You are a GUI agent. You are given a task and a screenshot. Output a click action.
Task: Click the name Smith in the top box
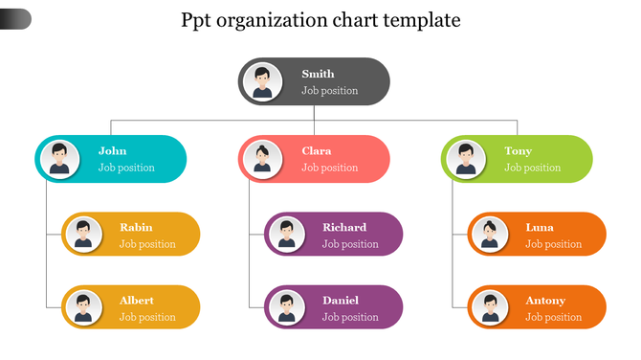(x=318, y=74)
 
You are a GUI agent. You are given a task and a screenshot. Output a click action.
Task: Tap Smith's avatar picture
(x=262, y=81)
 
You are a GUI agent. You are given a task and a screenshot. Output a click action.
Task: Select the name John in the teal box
(x=112, y=150)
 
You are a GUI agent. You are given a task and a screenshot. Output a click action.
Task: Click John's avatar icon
(x=59, y=158)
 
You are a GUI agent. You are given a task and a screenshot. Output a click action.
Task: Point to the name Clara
(x=317, y=150)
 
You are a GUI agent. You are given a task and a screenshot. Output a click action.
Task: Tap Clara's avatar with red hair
(x=262, y=159)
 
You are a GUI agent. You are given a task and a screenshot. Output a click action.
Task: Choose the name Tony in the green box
(x=519, y=150)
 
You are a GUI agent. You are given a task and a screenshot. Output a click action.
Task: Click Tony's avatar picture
(x=466, y=159)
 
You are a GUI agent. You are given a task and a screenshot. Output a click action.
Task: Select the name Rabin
(x=136, y=227)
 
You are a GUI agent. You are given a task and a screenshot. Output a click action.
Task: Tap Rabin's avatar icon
(x=83, y=235)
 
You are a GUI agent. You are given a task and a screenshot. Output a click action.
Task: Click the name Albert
(x=137, y=301)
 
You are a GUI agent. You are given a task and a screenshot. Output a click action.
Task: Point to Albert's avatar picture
(x=83, y=308)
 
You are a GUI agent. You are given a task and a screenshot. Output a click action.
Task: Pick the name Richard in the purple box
(x=344, y=227)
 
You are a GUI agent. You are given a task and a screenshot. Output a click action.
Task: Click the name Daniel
(x=341, y=301)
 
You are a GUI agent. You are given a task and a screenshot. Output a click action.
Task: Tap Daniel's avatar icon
(x=286, y=308)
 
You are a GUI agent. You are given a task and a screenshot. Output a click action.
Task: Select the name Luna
(x=540, y=227)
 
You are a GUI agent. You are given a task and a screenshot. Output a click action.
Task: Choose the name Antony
(x=545, y=301)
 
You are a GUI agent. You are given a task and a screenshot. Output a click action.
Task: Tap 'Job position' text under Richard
(x=350, y=244)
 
